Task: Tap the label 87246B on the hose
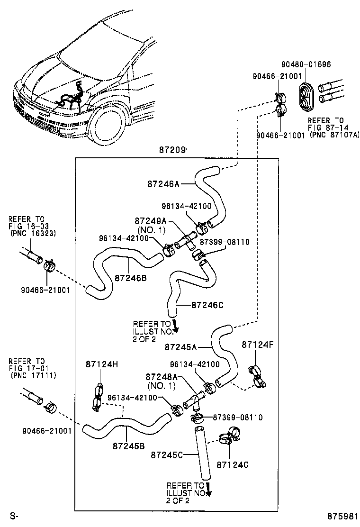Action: tap(130, 278)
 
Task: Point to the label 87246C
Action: tap(207, 305)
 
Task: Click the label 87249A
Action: tap(151, 221)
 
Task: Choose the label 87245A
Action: tap(180, 347)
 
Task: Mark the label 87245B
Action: tap(128, 446)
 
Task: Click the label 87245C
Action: tap(167, 455)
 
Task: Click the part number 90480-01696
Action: tap(306, 64)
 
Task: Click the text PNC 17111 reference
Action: tap(33, 375)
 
